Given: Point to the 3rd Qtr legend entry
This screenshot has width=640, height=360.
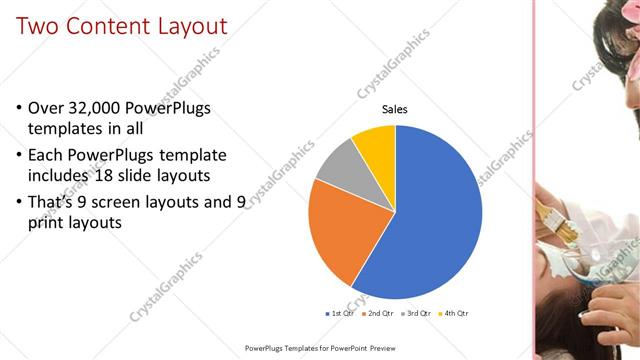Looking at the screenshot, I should [x=416, y=314].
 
